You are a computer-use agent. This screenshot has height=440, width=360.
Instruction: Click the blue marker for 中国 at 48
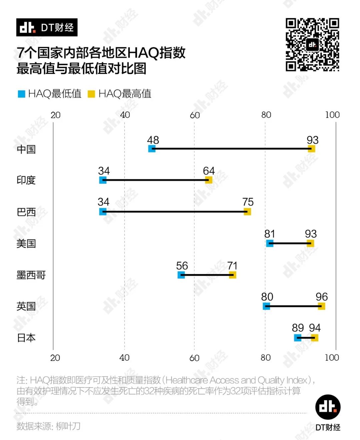152,149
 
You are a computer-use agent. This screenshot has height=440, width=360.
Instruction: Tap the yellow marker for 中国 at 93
311,149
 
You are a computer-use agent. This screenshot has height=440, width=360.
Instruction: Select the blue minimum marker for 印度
103,180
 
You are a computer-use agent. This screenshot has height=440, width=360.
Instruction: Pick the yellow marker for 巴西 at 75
247,212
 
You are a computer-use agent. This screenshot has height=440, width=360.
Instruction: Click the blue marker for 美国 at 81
270,243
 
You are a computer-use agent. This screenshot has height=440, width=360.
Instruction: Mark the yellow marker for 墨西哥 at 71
233,275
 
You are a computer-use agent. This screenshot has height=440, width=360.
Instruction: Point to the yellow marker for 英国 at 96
321,306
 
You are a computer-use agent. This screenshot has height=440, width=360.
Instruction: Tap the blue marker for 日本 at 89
298,338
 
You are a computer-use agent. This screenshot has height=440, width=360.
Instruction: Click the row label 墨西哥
31,275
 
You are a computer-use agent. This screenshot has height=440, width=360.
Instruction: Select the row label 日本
26,338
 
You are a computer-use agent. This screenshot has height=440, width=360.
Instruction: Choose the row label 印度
26,180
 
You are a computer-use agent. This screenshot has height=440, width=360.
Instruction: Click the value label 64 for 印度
209,171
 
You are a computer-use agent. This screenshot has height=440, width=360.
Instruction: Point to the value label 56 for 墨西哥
182,266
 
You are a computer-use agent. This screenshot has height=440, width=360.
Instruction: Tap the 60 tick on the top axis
195,115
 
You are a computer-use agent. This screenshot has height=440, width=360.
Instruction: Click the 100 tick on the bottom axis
332,358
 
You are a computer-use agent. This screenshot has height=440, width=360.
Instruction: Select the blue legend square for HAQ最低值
22,94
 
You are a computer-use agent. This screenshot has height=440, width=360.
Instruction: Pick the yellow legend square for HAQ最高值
91,94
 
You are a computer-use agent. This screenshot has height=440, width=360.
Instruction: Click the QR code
312,45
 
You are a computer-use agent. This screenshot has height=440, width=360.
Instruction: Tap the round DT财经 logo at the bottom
328,407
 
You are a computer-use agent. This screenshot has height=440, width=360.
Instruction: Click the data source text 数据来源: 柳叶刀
49,426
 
